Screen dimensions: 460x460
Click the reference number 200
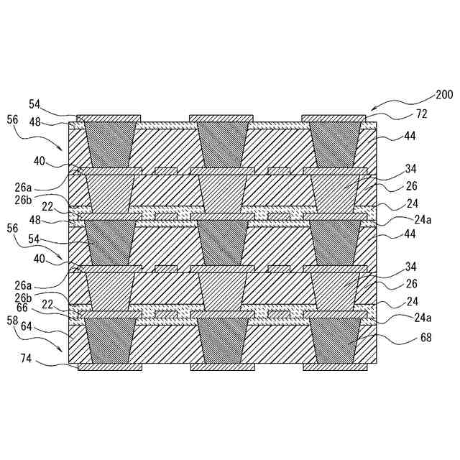click(444, 95)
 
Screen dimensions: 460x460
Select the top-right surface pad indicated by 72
click(333, 118)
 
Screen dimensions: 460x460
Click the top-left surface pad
click(109, 118)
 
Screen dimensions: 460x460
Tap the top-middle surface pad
click(221, 118)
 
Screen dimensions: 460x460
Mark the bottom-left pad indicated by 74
click(109, 367)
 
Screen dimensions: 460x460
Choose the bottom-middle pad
click(222, 367)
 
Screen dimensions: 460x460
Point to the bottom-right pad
click(334, 367)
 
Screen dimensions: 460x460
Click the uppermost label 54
click(34, 104)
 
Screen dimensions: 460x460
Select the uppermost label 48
click(34, 121)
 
